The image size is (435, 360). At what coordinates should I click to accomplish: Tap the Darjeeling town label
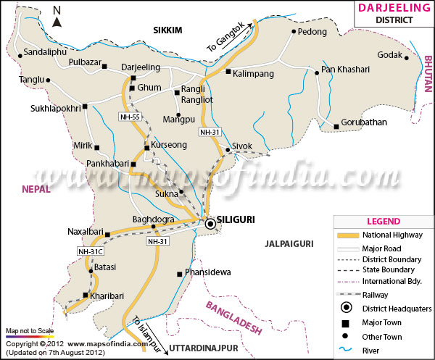(140, 67)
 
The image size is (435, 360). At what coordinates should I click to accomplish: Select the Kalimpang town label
(257, 73)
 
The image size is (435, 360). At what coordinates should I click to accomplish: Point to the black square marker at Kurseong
(147, 148)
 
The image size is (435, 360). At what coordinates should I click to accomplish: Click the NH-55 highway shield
(130, 116)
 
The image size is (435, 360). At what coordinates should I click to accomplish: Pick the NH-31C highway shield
(91, 251)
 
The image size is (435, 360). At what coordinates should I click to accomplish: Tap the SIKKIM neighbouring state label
(167, 29)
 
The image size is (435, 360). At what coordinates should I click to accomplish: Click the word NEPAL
(36, 188)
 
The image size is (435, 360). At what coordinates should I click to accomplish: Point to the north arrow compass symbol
(57, 15)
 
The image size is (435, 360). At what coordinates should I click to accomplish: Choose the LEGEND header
(383, 220)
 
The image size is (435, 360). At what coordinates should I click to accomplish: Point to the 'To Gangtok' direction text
(226, 36)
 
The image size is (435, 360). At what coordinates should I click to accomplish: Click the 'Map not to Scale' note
(30, 330)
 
